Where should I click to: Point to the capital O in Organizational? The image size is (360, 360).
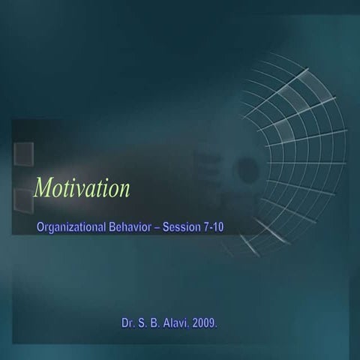41,228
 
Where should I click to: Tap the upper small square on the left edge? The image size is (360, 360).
23,152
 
